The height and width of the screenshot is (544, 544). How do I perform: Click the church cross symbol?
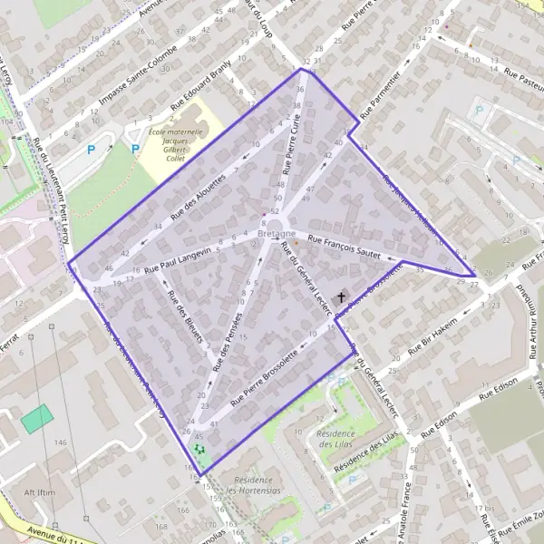pyautogui.click(x=342, y=296)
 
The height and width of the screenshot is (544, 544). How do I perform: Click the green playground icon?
pyautogui.click(x=199, y=449)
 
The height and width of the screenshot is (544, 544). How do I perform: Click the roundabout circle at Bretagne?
pyautogui.click(x=276, y=224)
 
